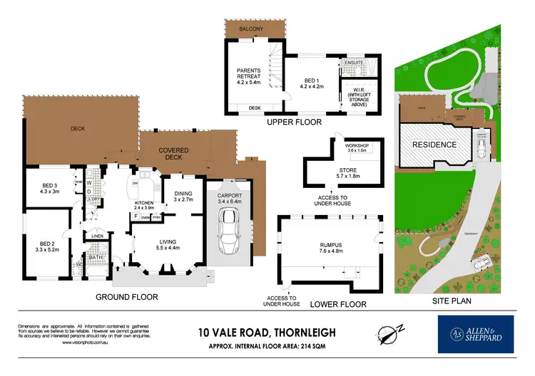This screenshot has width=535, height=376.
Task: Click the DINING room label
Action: pyautogui.click(x=182, y=193)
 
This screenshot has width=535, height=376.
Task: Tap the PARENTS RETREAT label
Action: pyautogui.click(x=251, y=74)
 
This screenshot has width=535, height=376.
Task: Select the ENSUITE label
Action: pyautogui.click(x=355, y=63)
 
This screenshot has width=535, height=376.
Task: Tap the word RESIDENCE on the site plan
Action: pyautogui.click(x=434, y=145)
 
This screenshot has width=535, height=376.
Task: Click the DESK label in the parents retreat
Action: pyautogui.click(x=255, y=108)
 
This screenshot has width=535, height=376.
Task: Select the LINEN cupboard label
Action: pyautogui.click(x=98, y=236)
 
